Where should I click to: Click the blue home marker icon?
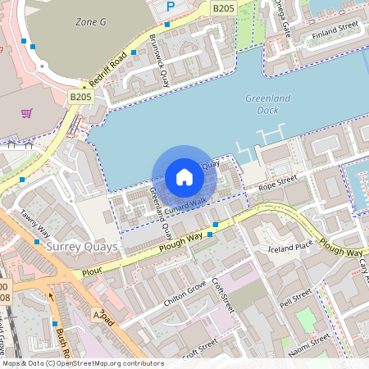tap(184, 177)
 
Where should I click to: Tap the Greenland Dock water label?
tap(268, 103)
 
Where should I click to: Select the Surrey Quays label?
tap(83, 246)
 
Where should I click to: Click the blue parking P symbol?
tap(171, 7)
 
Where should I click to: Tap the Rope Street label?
tap(276, 183)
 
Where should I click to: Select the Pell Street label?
tap(295, 299)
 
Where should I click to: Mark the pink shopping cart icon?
tap(26, 113)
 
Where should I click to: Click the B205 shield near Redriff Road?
tap(80, 97)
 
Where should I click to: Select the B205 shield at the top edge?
tap(222, 7)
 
